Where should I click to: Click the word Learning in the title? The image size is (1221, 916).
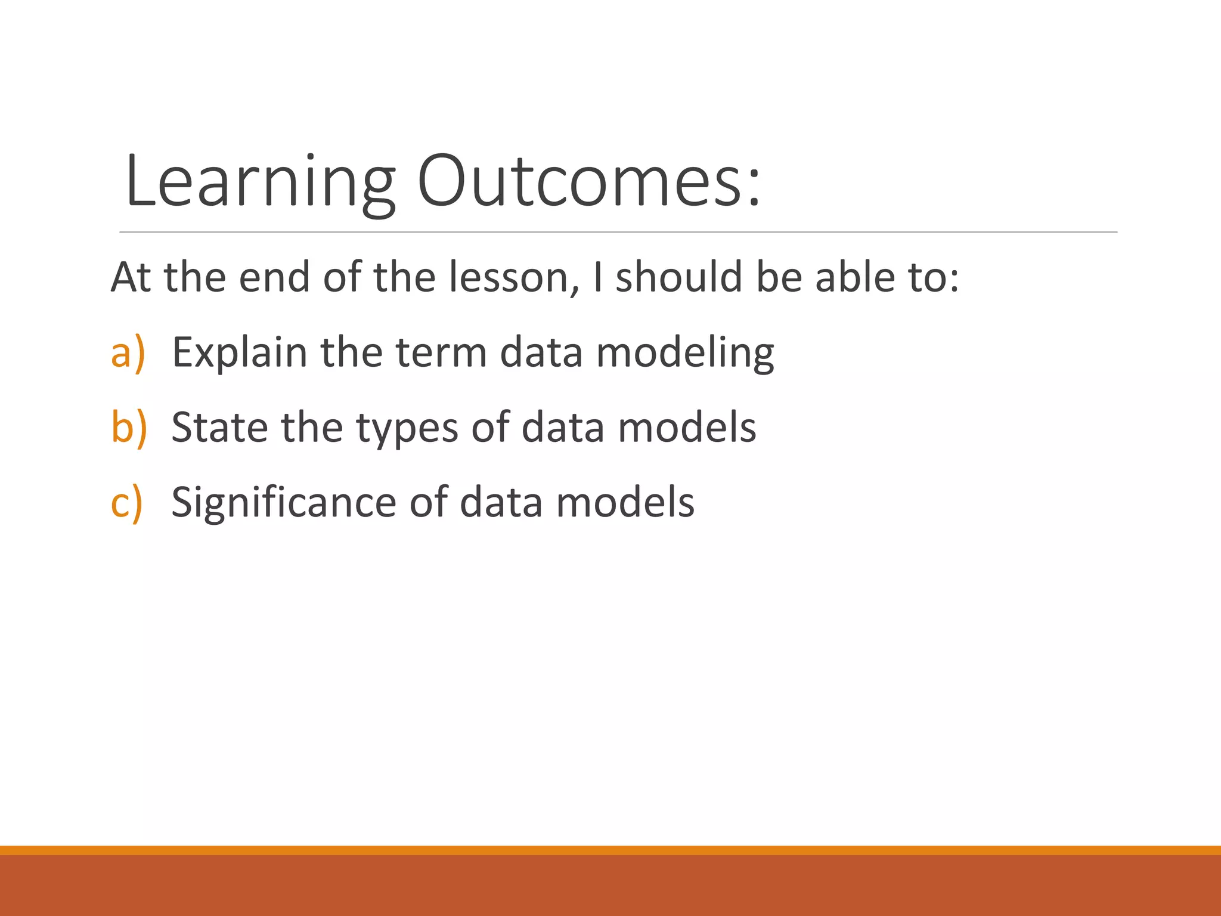tap(260, 182)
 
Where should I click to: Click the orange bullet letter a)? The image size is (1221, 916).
tap(128, 352)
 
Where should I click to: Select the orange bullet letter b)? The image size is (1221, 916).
tap(129, 427)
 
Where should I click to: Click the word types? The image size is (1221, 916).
tap(407, 428)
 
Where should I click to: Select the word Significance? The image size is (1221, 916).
tap(284, 502)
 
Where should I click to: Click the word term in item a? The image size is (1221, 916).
tap(441, 352)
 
